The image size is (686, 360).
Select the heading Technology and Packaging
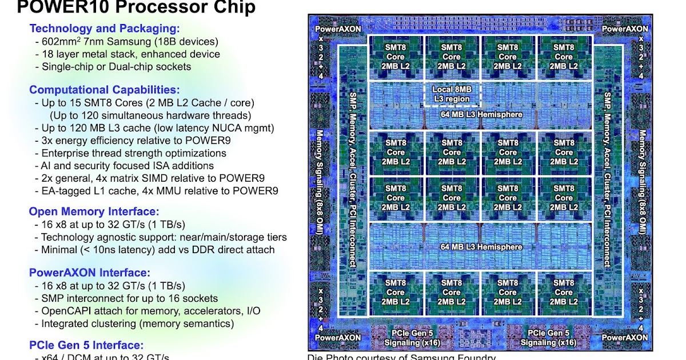point(105,28)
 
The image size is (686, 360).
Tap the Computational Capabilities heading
point(105,90)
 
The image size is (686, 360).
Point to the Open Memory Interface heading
point(94,211)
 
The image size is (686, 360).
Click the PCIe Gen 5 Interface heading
point(86,345)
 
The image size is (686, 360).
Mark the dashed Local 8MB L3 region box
point(452,94)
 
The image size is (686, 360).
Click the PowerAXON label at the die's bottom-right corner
point(625,337)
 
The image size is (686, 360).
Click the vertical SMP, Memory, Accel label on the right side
point(608,179)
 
